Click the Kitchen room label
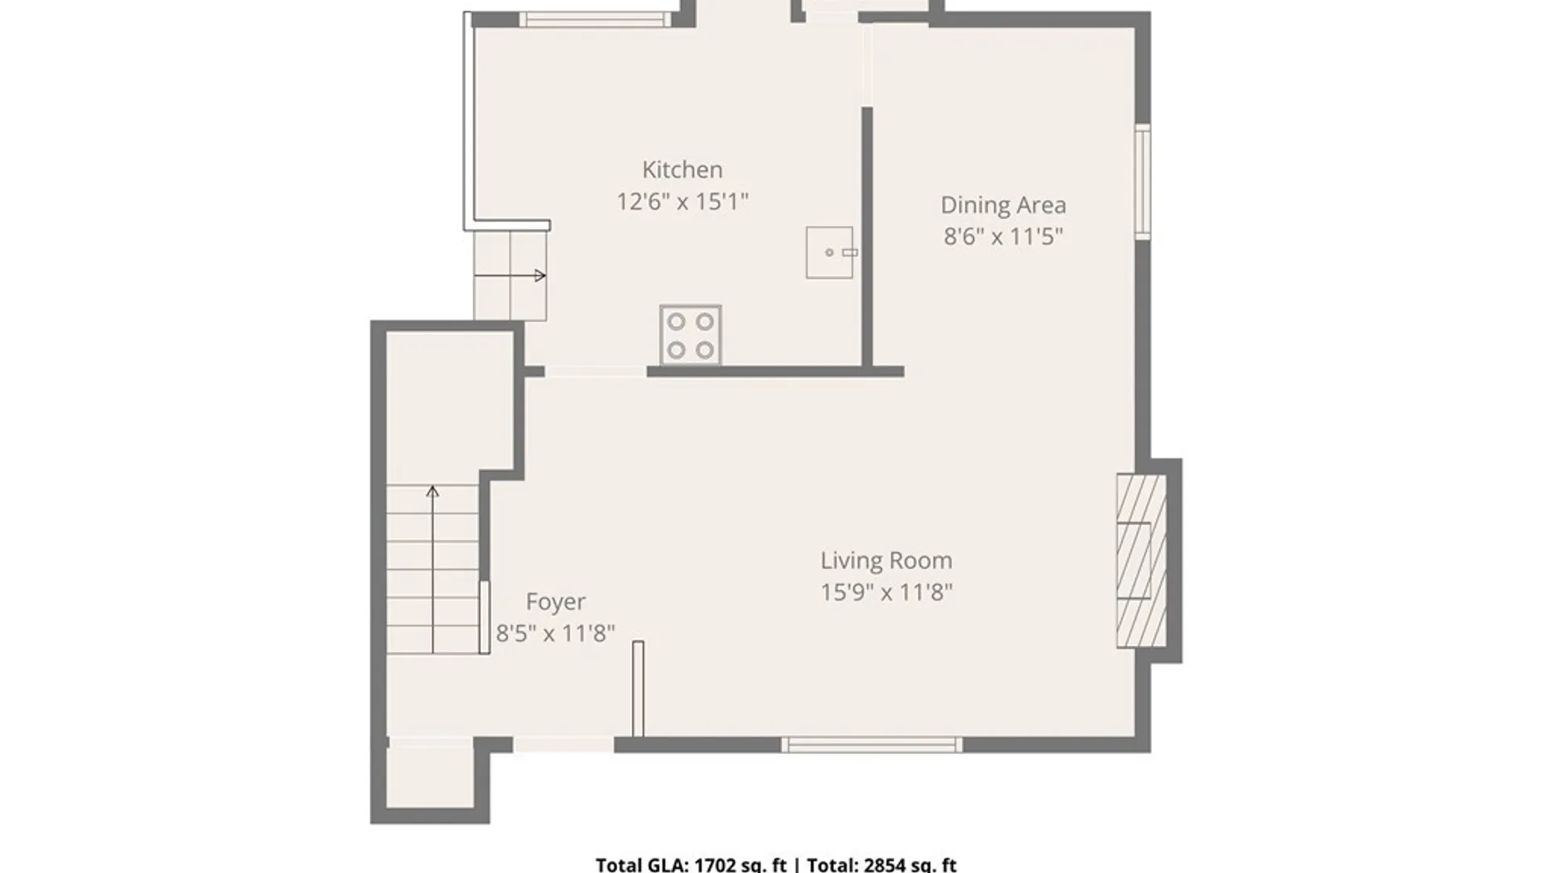(683, 170)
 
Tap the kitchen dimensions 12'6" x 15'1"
(683, 201)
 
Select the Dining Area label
(1003, 205)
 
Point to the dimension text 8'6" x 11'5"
(1003, 237)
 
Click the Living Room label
(886, 561)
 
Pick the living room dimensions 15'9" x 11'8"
(886, 593)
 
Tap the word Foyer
(556, 602)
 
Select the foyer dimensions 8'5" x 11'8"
(556, 633)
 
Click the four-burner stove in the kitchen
(691, 335)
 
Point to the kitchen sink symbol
(830, 252)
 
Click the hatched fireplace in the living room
(1141, 561)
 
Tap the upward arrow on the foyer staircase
(433, 570)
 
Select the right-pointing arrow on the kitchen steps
(510, 276)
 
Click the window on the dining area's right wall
(1143, 182)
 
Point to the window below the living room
(872, 745)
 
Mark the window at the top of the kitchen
(595, 19)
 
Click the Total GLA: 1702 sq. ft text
(691, 864)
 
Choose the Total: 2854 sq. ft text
(881, 864)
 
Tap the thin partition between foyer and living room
(638, 690)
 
